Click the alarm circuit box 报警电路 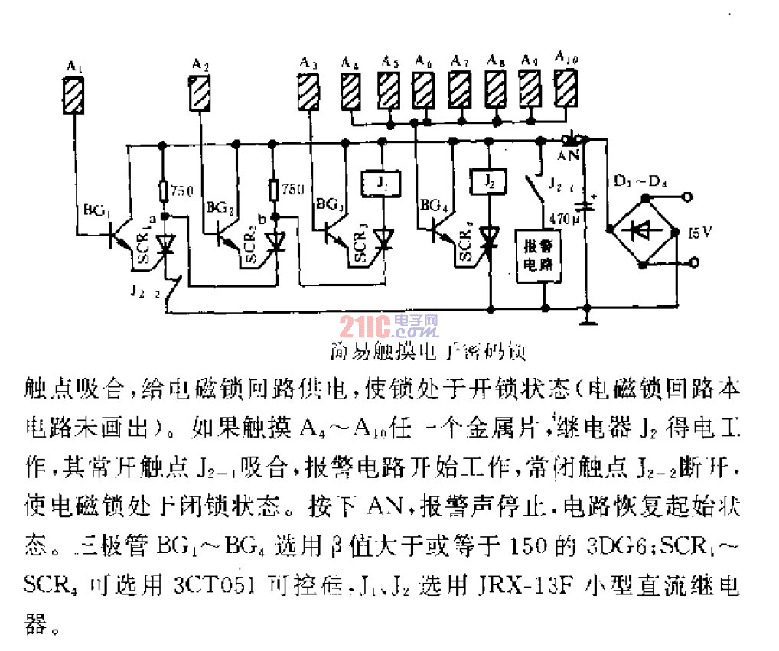click(x=541, y=256)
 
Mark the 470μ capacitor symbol click(x=586, y=205)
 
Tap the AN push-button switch click(x=572, y=140)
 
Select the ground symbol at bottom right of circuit click(x=587, y=316)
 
